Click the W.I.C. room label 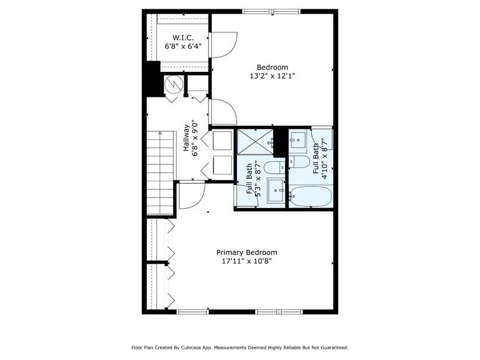[183, 37]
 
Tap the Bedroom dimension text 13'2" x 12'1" [272, 76]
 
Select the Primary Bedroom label [247, 252]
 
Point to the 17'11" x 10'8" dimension [247, 261]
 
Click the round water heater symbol [174, 84]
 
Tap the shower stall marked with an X [255, 142]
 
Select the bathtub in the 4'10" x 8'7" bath [311, 196]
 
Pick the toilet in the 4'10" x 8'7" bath [300, 162]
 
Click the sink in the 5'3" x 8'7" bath [276, 191]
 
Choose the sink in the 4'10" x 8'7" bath [298, 141]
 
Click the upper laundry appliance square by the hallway [222, 141]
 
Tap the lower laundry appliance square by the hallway [222, 165]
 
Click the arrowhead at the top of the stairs [160, 133]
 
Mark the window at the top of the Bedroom [271, 12]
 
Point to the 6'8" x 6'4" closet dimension [183, 46]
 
